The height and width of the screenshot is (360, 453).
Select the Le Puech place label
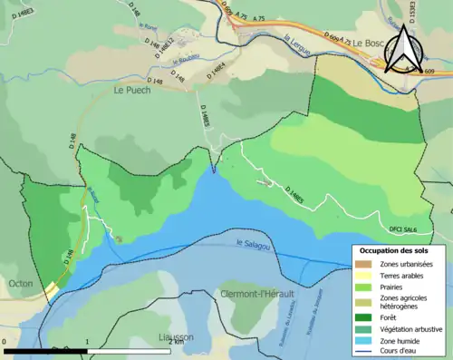pos(131,91)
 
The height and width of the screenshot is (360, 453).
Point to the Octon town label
pos(20,284)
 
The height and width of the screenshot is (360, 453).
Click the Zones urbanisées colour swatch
pos(365,264)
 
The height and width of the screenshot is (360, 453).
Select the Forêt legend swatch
pos(365,316)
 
